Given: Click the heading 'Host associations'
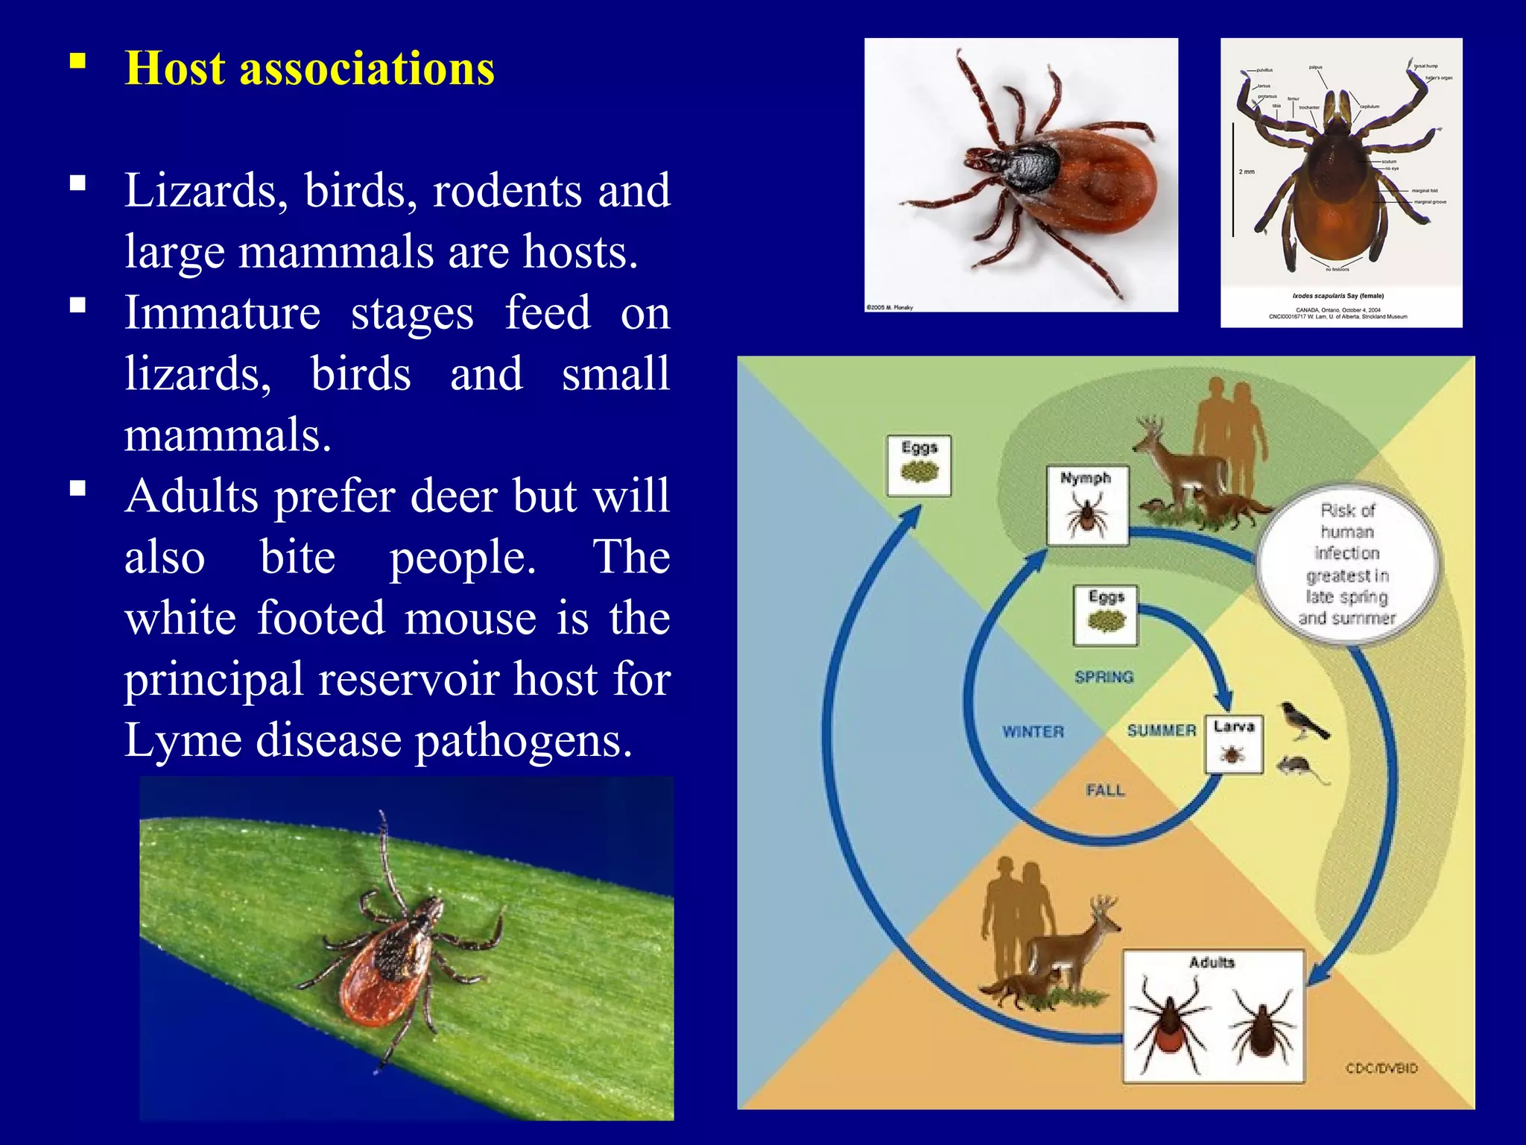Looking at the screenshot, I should (309, 69).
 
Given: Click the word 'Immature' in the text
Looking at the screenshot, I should (222, 313).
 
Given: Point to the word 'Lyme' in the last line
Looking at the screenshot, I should (180, 741).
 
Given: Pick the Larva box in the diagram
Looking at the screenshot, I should (1234, 745).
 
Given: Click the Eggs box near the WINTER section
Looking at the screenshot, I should (919, 466).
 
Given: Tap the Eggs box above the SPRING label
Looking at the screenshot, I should (1105, 615).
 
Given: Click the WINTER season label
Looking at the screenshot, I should (1033, 732).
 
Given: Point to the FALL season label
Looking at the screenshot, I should (1104, 790).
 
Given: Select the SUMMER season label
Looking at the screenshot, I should (1161, 731).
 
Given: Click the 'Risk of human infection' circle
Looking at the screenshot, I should (1347, 564).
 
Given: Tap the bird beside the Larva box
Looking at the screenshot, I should (1303, 721).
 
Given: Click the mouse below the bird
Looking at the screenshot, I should (1300, 768).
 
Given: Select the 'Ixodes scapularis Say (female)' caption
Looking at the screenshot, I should (1337, 296).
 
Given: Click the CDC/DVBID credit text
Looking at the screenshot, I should (1381, 1068).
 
